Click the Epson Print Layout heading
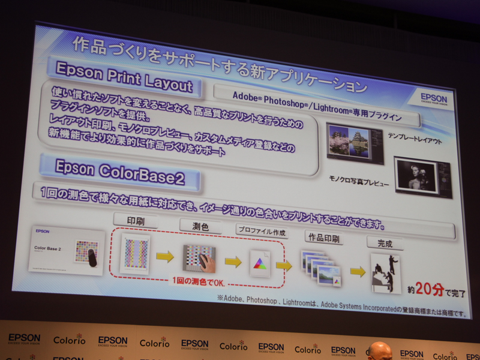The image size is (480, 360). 124,77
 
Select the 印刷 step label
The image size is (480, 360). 136,221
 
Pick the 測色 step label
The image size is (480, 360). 200,226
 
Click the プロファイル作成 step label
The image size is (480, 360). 262,230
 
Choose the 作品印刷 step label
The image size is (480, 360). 323,238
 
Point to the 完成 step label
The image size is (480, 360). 385,244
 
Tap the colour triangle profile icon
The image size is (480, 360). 260,263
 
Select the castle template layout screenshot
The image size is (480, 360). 355,143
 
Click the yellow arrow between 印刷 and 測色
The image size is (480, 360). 166,257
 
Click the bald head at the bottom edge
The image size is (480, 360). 379,350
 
